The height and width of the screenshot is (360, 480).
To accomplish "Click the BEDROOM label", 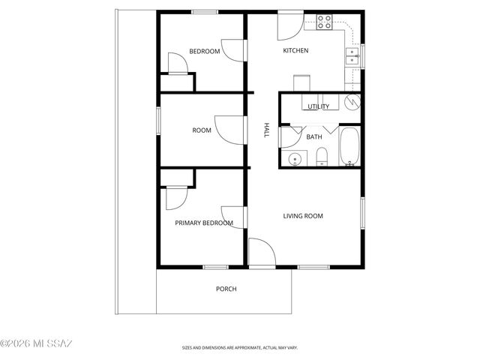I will click(x=204, y=51).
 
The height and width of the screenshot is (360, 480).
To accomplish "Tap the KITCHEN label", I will click(x=295, y=51).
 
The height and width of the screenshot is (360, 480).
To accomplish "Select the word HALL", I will click(x=265, y=130).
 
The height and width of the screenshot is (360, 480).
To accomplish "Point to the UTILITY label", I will click(x=318, y=106).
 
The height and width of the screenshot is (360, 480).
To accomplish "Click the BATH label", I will click(x=314, y=136).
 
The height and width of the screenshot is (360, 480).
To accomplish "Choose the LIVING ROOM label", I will click(x=302, y=216).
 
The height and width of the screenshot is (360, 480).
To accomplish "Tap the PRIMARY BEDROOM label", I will click(x=203, y=223).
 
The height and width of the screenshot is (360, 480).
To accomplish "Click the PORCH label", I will click(x=226, y=289).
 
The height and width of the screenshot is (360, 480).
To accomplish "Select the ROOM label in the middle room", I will click(x=202, y=130).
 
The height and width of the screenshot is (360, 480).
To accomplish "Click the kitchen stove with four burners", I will click(x=325, y=22).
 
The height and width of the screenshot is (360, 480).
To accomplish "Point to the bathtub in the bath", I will click(x=349, y=147).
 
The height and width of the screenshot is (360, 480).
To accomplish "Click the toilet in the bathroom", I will click(x=321, y=157).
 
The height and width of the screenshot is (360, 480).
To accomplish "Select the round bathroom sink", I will click(x=295, y=158).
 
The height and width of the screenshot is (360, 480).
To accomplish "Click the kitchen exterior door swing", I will click(x=289, y=26).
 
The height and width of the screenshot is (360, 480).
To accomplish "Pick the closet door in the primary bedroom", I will click(x=175, y=197).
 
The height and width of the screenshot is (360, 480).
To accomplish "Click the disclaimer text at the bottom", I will click(x=240, y=347).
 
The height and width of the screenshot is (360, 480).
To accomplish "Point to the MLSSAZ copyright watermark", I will click(x=36, y=344).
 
